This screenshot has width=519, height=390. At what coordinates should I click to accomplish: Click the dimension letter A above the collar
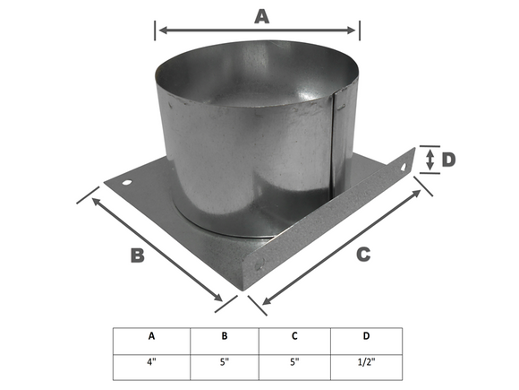[261, 15]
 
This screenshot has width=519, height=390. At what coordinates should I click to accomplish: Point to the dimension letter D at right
[448, 160]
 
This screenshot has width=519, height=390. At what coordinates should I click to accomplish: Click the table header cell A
[151, 338]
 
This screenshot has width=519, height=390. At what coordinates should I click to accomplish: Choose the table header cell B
[224, 338]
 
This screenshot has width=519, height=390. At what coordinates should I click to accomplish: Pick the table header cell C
[294, 338]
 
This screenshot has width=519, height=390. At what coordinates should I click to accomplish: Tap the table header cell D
[366, 338]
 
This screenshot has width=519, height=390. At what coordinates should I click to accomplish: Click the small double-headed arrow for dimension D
[430, 160]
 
